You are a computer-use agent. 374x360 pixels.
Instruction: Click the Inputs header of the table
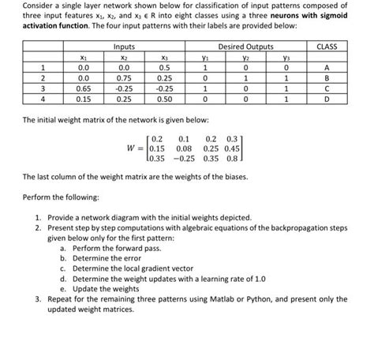(x=122, y=47)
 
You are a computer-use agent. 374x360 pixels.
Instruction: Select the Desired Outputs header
(x=252, y=47)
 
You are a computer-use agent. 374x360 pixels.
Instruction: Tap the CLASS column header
(x=326, y=47)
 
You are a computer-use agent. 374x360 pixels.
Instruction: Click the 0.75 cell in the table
(x=122, y=79)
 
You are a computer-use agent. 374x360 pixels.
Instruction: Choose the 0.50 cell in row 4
(x=164, y=100)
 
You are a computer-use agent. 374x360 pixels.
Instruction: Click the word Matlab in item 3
(x=213, y=299)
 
